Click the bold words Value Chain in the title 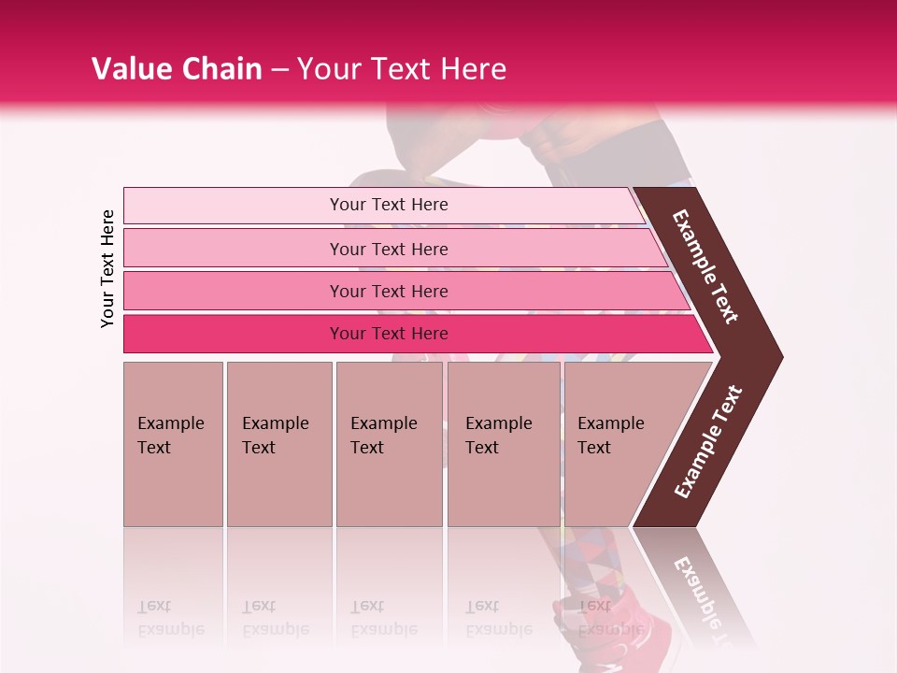tap(177, 69)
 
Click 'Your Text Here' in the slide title tap(402, 69)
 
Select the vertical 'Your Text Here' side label tap(108, 268)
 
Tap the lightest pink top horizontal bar tap(234, 206)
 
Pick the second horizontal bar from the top tap(234, 249)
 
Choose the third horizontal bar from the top tap(234, 291)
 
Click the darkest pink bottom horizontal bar tap(234, 334)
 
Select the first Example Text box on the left tap(173, 444)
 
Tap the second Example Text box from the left tap(278, 444)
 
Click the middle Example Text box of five tap(389, 444)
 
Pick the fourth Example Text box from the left tap(504, 444)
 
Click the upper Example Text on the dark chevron tap(705, 266)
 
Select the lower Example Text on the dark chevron tap(708, 441)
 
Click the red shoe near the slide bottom tap(612, 626)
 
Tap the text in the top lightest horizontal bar tap(389, 205)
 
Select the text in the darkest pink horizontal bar tap(389, 334)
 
